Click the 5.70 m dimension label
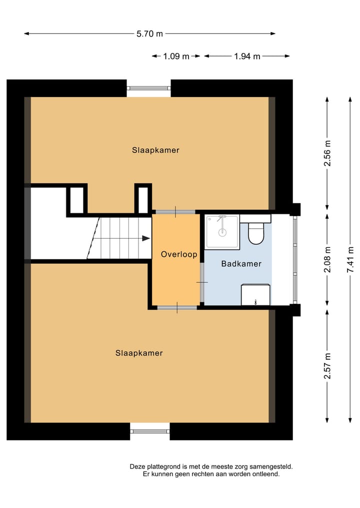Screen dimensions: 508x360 pyautogui.click(x=149, y=34)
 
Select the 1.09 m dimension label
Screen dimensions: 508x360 pyautogui.click(x=176, y=56)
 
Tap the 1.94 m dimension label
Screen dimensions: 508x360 pyautogui.click(x=247, y=56)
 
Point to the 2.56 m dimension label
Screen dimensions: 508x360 pyautogui.click(x=327, y=153)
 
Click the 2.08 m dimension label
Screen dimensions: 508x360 pyautogui.click(x=327, y=260)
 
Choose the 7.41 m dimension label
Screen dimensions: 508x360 pyautogui.click(x=350, y=260)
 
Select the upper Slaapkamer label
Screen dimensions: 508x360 pyautogui.click(x=155, y=150)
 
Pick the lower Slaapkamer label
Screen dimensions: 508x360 pyautogui.click(x=139, y=353)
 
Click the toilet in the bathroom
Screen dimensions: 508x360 pyautogui.click(x=256, y=233)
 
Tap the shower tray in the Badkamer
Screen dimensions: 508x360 pyautogui.click(x=222, y=232)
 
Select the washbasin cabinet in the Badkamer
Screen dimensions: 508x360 pyautogui.click(x=255, y=295)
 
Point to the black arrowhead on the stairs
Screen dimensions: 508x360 pyautogui.click(x=146, y=238)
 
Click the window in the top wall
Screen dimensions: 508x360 pyautogui.click(x=148, y=88)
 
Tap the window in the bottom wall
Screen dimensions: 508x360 pyautogui.click(x=150, y=431)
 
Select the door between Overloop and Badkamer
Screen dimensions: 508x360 pyautogui.click(x=201, y=283)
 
